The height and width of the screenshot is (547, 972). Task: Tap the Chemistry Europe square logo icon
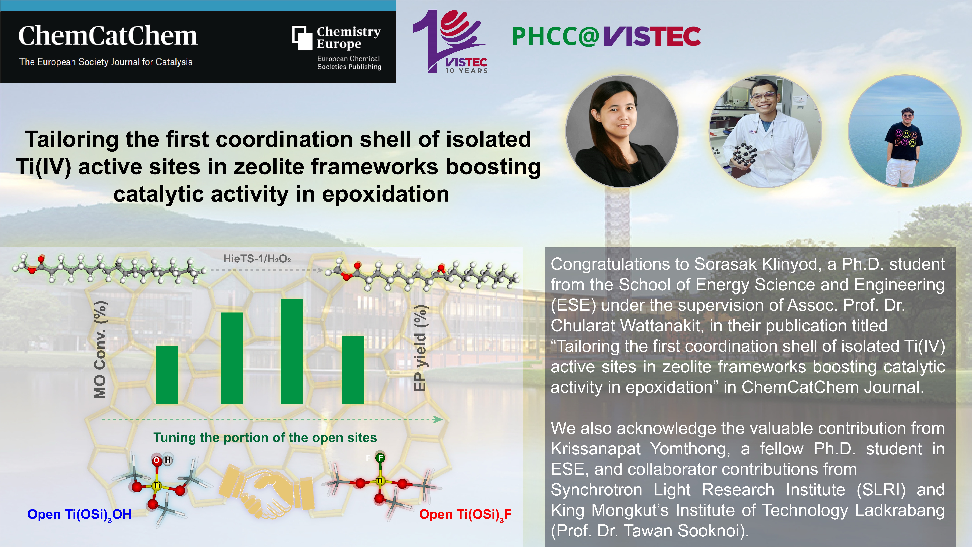(x=302, y=38)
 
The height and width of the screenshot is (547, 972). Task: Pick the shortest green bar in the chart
(x=167, y=375)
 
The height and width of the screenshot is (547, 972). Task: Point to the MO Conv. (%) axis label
(x=100, y=350)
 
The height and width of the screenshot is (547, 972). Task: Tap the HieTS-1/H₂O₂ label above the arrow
(x=257, y=259)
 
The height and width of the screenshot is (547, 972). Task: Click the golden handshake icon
(x=266, y=489)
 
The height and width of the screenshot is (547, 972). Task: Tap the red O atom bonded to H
(x=156, y=460)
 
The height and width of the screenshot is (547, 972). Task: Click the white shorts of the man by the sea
(x=900, y=172)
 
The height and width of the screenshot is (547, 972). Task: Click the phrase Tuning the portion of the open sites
(x=265, y=437)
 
